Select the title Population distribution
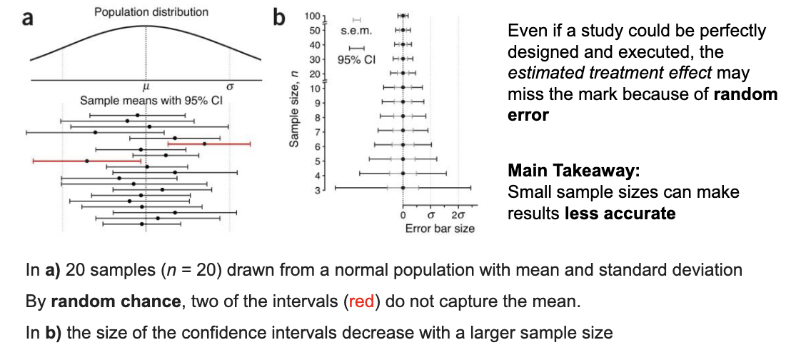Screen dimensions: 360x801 tap(151, 12)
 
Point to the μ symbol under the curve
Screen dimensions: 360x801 tap(146, 86)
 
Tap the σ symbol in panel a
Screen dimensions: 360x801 tap(230, 86)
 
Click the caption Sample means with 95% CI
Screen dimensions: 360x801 tap(152, 101)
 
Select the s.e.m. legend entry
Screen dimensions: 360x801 tap(355, 31)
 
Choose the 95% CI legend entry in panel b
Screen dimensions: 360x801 tap(356, 59)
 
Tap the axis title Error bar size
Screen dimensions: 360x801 tap(439, 229)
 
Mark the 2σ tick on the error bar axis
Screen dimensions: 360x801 tap(458, 215)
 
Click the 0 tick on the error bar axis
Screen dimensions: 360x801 tap(403, 215)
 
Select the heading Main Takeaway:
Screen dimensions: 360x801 tap(573, 171)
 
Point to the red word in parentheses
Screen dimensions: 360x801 tap(361, 301)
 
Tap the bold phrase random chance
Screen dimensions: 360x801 tap(114, 301)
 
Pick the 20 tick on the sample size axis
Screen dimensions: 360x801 tap(313, 74)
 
